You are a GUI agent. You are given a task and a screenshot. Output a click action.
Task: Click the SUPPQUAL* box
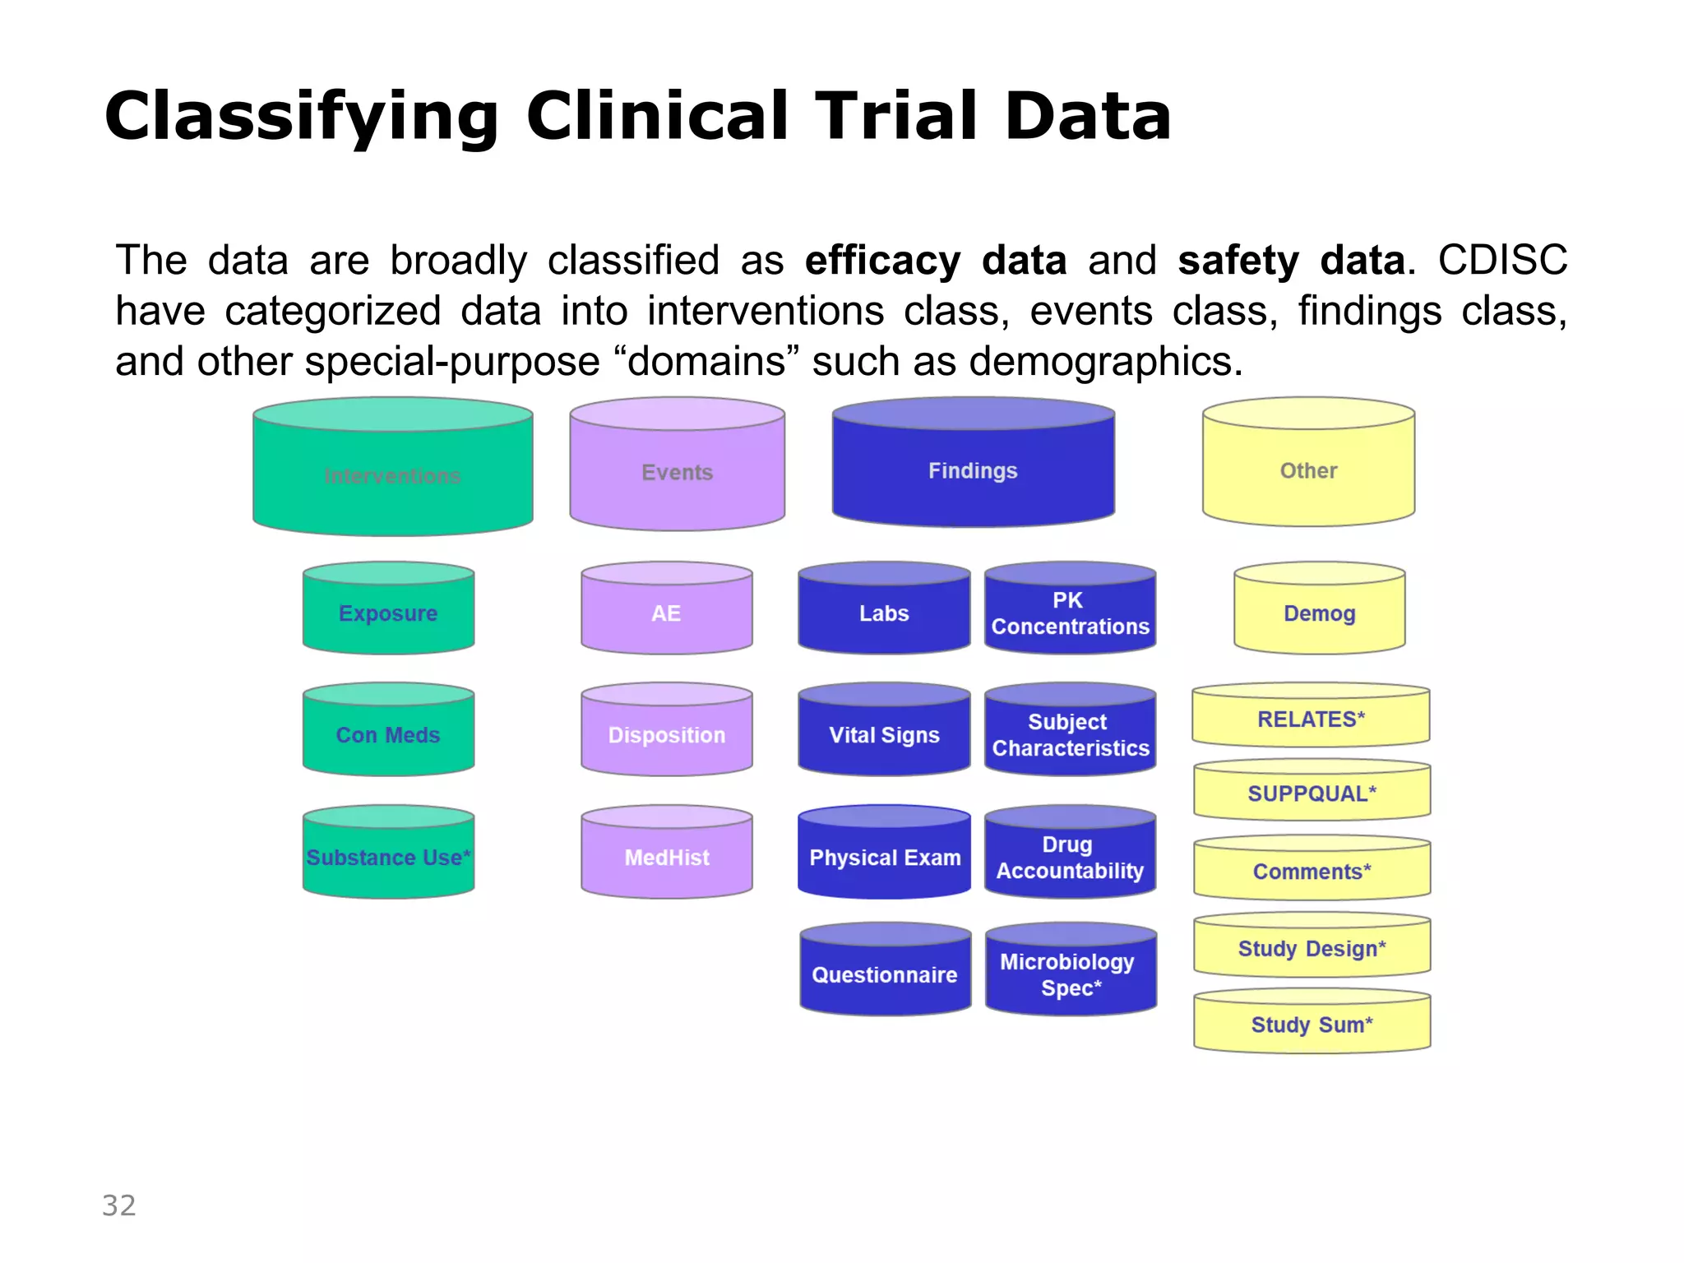(1312, 792)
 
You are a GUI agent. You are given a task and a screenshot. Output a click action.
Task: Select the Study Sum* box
(1312, 1023)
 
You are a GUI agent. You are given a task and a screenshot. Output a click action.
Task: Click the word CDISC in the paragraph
(1502, 261)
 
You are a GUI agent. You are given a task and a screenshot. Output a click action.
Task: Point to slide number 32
(119, 1205)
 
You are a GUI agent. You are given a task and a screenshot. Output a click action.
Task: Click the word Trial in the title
(898, 116)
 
